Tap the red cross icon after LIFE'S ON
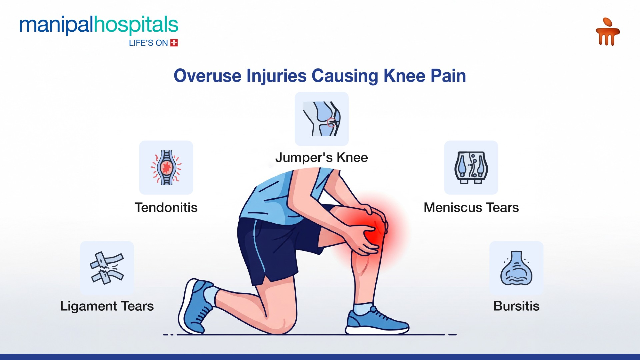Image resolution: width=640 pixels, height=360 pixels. click(x=174, y=43)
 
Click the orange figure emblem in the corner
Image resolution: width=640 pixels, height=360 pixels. click(x=607, y=31)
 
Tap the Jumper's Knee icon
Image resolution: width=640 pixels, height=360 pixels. click(x=322, y=119)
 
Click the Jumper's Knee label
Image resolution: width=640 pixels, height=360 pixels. click(x=322, y=157)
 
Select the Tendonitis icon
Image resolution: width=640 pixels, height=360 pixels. click(x=166, y=167)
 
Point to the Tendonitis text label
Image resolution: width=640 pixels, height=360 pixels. click(x=166, y=207)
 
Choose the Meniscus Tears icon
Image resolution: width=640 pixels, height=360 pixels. click(x=471, y=167)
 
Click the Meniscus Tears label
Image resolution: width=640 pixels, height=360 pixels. click(x=471, y=207)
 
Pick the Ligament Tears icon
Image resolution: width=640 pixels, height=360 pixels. click(x=107, y=268)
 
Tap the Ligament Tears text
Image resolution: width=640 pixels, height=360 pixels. click(x=107, y=306)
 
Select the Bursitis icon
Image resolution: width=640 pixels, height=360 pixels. click(x=516, y=268)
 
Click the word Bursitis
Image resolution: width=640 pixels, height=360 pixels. click(x=516, y=306)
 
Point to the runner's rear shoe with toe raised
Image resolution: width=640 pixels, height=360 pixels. click(x=195, y=307)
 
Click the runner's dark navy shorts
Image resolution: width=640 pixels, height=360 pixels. click(x=277, y=247)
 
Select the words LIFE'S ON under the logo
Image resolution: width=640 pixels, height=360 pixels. click(x=148, y=43)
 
